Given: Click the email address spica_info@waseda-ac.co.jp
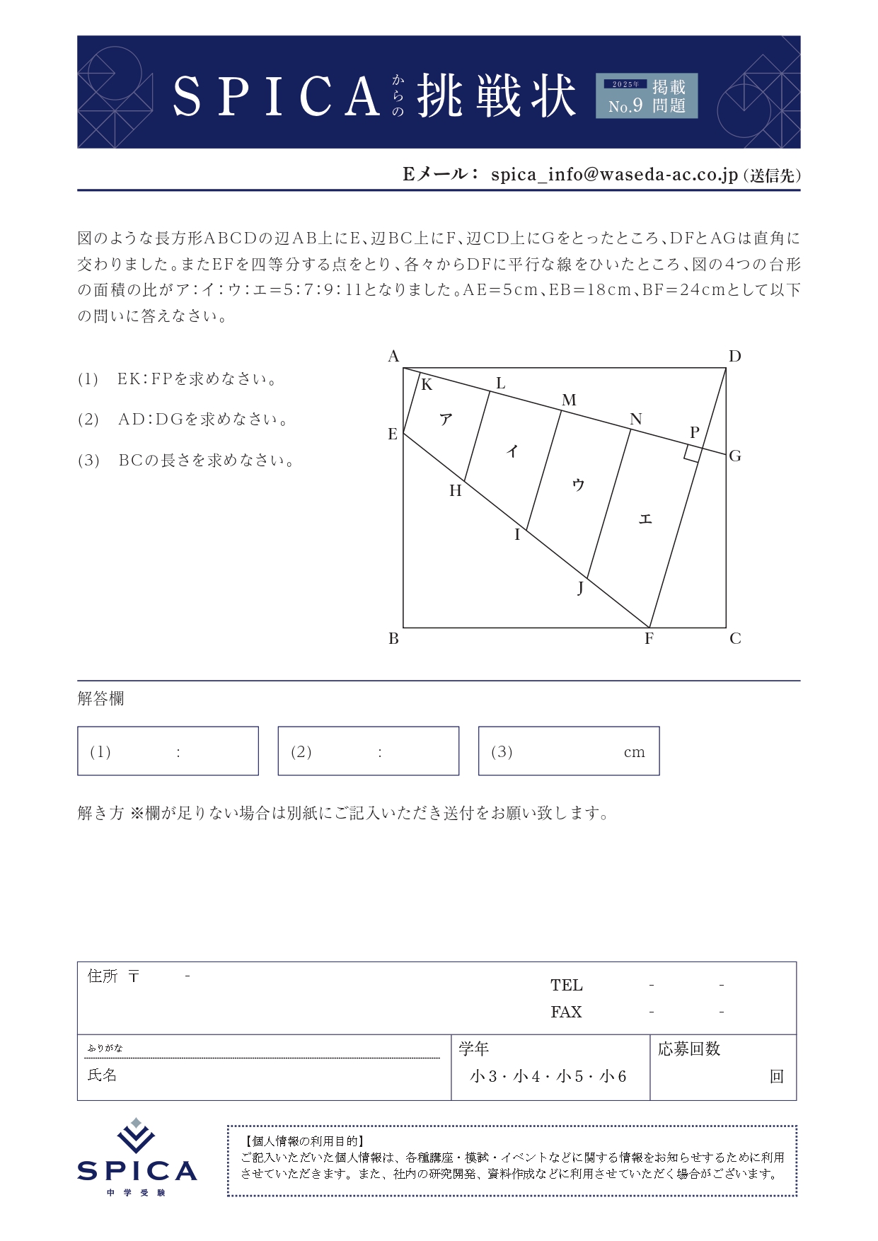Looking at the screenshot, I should point(614,174).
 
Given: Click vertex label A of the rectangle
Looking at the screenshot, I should point(394,356).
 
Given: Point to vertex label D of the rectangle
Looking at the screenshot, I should point(735,356).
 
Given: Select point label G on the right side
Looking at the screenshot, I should point(735,456).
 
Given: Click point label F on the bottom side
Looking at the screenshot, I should point(649,639).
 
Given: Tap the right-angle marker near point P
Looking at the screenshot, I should point(693,454).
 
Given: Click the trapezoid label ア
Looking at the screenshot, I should point(446,420).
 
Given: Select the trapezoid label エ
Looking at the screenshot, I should point(645,519).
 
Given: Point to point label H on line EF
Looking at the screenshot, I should point(455,491).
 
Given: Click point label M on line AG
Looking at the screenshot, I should point(569,400).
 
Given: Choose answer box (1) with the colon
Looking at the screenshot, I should point(168,751).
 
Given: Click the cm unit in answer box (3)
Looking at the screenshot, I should point(634,752).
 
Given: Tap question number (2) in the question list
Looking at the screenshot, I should point(88,420).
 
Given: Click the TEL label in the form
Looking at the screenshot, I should point(567,985).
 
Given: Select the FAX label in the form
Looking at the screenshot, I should point(566,1012).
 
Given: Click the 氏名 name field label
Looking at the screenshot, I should point(102,1075).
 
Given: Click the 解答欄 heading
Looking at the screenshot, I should point(100,699).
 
